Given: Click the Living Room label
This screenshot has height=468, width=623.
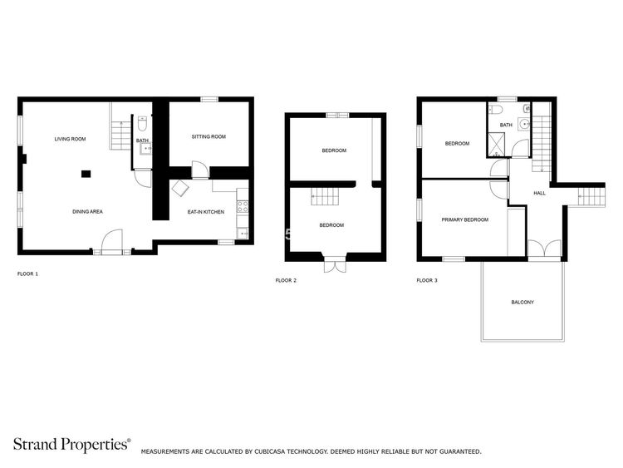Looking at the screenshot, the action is point(70,139).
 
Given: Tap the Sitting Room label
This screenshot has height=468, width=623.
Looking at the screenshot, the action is point(208,136).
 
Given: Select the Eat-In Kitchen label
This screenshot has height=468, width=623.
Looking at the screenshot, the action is point(206,212).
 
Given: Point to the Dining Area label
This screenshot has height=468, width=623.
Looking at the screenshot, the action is point(87,211).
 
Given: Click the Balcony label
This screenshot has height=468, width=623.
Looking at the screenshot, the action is point(522,303).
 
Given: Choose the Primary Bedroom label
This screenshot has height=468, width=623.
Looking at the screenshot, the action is point(465,219).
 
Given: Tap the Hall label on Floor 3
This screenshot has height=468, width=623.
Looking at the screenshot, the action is point(539,193).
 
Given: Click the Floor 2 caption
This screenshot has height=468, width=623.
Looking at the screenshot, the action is point(286,280).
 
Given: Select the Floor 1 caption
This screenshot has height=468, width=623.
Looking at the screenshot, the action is point(27,274).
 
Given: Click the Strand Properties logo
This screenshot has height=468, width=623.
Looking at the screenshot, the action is point(72,444).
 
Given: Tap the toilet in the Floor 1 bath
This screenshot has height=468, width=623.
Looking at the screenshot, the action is point(142,124).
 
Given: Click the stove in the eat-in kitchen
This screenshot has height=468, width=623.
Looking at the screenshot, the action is point(243,206).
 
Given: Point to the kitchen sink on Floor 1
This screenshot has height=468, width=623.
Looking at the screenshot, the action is point(242,233).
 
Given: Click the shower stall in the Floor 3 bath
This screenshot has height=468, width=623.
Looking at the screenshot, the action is point(496,145).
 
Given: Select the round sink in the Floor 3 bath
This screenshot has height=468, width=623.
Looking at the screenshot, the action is point(524,124).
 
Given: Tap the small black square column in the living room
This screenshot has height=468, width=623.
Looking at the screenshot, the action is point(86,174).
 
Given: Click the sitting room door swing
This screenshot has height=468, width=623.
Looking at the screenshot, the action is point(200,170).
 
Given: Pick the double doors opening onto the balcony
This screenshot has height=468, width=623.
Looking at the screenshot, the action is point(544,249).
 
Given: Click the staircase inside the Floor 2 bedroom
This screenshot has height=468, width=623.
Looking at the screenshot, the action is point(325,196).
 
